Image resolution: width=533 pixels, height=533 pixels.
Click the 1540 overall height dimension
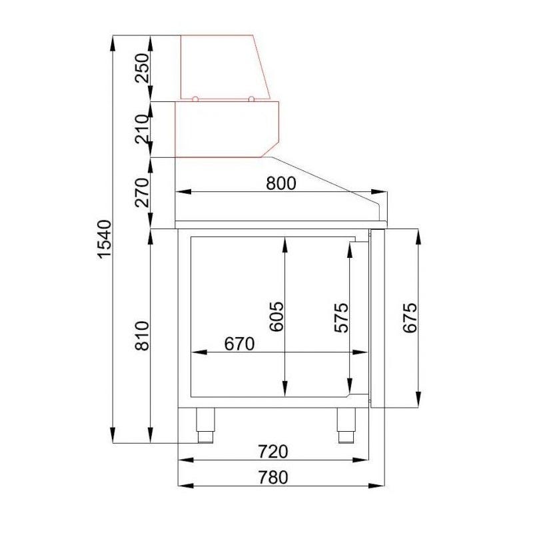[x=105, y=239]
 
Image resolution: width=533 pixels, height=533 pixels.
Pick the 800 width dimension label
[x=281, y=183]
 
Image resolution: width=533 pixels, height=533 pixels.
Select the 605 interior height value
[x=276, y=316]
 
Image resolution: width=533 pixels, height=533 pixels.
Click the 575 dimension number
[x=342, y=317]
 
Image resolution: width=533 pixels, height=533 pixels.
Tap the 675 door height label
[x=410, y=317]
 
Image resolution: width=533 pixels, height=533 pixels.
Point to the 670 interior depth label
[x=239, y=344]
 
